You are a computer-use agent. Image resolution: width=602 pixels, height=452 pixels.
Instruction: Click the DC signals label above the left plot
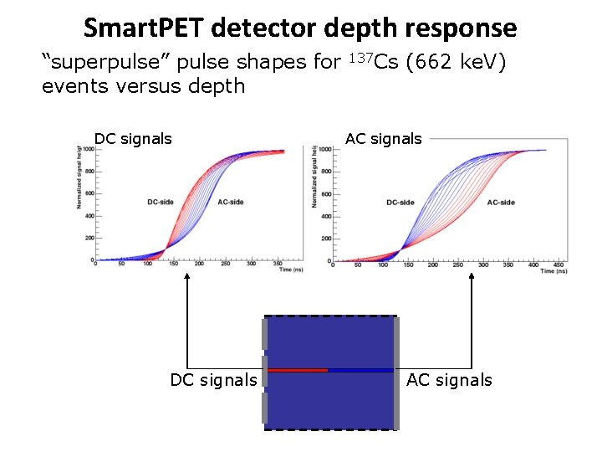133,139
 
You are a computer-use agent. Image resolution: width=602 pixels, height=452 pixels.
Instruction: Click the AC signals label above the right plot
384,139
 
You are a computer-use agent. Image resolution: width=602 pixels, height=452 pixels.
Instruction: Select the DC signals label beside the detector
213,380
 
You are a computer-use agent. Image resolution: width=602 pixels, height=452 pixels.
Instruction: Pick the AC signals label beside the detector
449,380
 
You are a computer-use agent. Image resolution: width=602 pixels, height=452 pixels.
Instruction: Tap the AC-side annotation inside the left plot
230,202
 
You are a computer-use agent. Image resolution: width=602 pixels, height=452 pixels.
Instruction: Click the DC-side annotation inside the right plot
400,203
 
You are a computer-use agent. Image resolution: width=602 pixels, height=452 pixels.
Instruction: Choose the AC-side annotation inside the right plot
501,203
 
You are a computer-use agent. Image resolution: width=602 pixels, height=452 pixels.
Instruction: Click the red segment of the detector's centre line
298,369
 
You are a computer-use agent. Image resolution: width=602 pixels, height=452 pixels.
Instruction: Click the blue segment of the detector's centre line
360,369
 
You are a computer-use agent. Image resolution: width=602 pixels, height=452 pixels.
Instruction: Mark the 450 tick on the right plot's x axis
559,264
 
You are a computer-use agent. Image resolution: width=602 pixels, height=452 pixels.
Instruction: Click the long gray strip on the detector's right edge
396,373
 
